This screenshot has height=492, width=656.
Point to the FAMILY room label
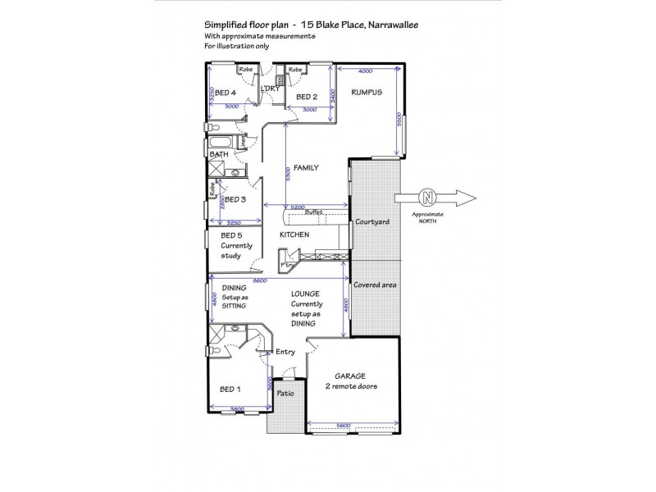point(306,167)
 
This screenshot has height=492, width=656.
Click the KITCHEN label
point(294,235)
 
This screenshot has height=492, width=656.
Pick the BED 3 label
point(235,199)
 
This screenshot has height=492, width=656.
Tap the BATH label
point(219,154)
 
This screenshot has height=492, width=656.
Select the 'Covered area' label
point(375,285)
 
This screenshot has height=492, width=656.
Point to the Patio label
point(285,393)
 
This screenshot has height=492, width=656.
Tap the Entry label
point(285,352)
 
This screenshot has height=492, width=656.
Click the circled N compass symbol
point(426,197)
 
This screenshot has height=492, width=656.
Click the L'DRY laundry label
point(271,89)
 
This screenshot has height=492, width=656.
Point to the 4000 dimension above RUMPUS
point(366,71)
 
